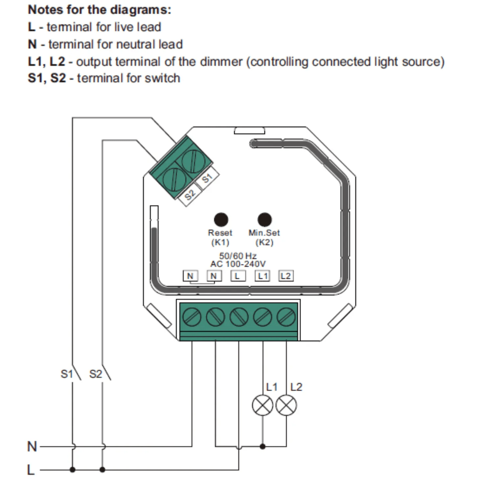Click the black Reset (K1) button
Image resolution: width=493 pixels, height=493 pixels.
pyautogui.click(x=221, y=220)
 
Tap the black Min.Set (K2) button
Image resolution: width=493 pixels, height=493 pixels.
pyautogui.click(x=265, y=220)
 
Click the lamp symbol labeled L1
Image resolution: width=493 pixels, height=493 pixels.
pyautogui.click(x=263, y=405)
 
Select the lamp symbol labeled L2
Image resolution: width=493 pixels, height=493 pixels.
pyautogui.click(x=286, y=405)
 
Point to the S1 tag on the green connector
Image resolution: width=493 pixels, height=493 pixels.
pyautogui.click(x=207, y=178)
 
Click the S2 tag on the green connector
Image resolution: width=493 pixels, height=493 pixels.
pyautogui.click(x=190, y=195)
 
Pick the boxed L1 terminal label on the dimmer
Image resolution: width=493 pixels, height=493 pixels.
pyautogui.click(x=263, y=276)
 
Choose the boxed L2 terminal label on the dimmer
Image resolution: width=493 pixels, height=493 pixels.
pyautogui.click(x=286, y=276)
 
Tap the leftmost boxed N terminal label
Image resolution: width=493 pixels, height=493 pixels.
pyautogui.click(x=190, y=276)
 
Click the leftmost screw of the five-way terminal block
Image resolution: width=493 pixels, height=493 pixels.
pyautogui.click(x=192, y=317)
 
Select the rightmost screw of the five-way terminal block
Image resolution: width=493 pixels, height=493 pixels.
pyautogui.click(x=286, y=317)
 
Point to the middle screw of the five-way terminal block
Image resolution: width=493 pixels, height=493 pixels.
pyautogui.click(x=239, y=317)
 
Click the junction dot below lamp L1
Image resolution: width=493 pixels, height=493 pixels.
pyautogui.click(x=263, y=446)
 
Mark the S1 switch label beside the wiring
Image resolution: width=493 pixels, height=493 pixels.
pyautogui.click(x=67, y=374)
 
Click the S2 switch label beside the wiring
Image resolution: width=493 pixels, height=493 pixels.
pyautogui.click(x=96, y=374)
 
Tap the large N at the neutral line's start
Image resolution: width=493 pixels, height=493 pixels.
pyautogui.click(x=32, y=447)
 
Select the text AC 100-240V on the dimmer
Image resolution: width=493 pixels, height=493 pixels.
pyautogui.click(x=238, y=264)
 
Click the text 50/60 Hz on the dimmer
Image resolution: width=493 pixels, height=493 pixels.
pyautogui.click(x=238, y=256)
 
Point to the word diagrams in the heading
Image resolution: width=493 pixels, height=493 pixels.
pyautogui.click(x=141, y=10)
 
